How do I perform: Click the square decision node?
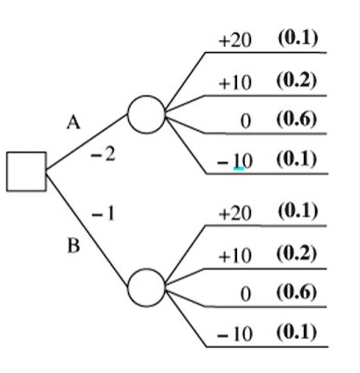(x=26, y=170)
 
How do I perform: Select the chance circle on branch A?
(x=146, y=113)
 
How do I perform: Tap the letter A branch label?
(x=74, y=124)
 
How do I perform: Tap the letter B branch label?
(x=74, y=246)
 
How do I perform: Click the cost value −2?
(x=103, y=155)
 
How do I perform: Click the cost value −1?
(x=103, y=213)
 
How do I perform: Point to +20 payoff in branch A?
(x=234, y=40)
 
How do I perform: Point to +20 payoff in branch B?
(x=234, y=214)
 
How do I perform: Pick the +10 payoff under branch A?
(x=234, y=82)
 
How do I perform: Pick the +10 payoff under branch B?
(x=234, y=255)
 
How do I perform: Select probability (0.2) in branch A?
(x=297, y=80)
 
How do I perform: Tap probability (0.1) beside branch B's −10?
(x=297, y=334)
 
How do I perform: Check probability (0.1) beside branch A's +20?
(x=297, y=39)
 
